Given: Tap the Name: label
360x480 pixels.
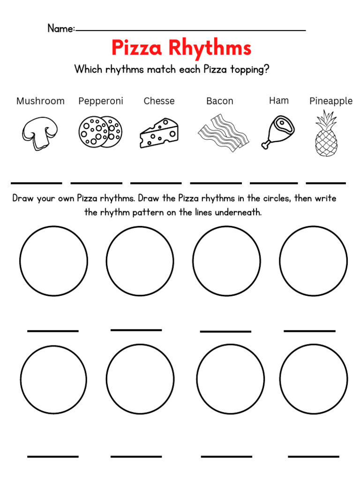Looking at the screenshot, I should [x=61, y=29].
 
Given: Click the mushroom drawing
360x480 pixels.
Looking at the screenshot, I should [x=40, y=133].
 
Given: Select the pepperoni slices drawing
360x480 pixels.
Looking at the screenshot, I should [x=100, y=132].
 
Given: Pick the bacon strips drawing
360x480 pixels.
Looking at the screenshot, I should [x=223, y=132].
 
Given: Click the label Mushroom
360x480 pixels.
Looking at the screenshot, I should [x=40, y=101].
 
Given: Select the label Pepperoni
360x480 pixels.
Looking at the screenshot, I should [x=100, y=101].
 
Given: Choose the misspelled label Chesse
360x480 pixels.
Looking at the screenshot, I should [x=159, y=101].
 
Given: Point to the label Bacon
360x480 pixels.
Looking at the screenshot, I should [x=219, y=101].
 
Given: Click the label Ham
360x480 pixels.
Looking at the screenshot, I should [x=279, y=100].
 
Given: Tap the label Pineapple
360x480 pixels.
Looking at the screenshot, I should [x=330, y=101].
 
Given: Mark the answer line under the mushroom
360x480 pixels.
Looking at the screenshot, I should [x=37, y=183].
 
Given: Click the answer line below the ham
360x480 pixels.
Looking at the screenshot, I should [x=274, y=183].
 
